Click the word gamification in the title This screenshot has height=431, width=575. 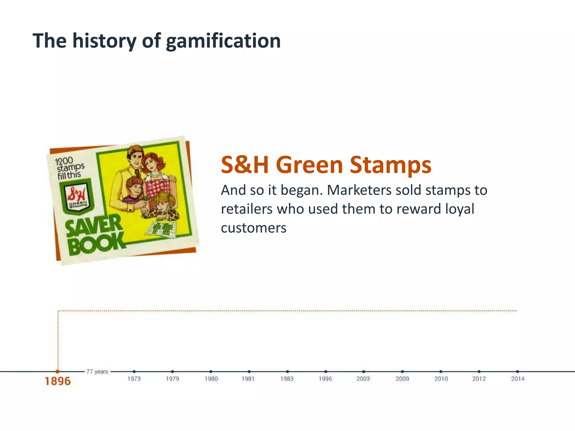coord(223,41)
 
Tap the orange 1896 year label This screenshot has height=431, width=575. coord(58,381)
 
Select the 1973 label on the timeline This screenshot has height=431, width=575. coord(134,379)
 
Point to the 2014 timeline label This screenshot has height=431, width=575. coord(517,379)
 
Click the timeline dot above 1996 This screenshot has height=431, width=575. coord(325,371)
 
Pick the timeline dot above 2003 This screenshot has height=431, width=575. coord(364,371)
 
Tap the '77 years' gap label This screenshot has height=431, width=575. coord(97,371)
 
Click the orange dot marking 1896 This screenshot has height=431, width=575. coord(58,371)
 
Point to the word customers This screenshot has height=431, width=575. coord(254,228)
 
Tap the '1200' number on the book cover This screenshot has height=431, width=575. coord(64,161)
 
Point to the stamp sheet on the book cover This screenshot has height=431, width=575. coord(161,229)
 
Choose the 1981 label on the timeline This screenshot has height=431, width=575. coord(248,379)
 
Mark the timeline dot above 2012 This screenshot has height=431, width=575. coord(479,371)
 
